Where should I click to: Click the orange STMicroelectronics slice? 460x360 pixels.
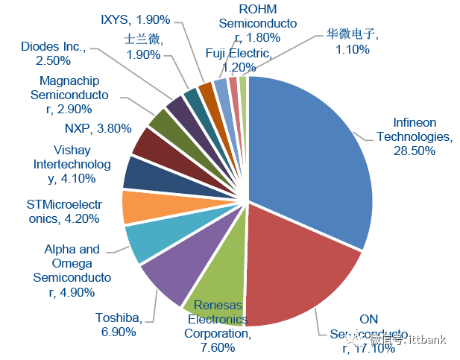(x=139, y=207)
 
